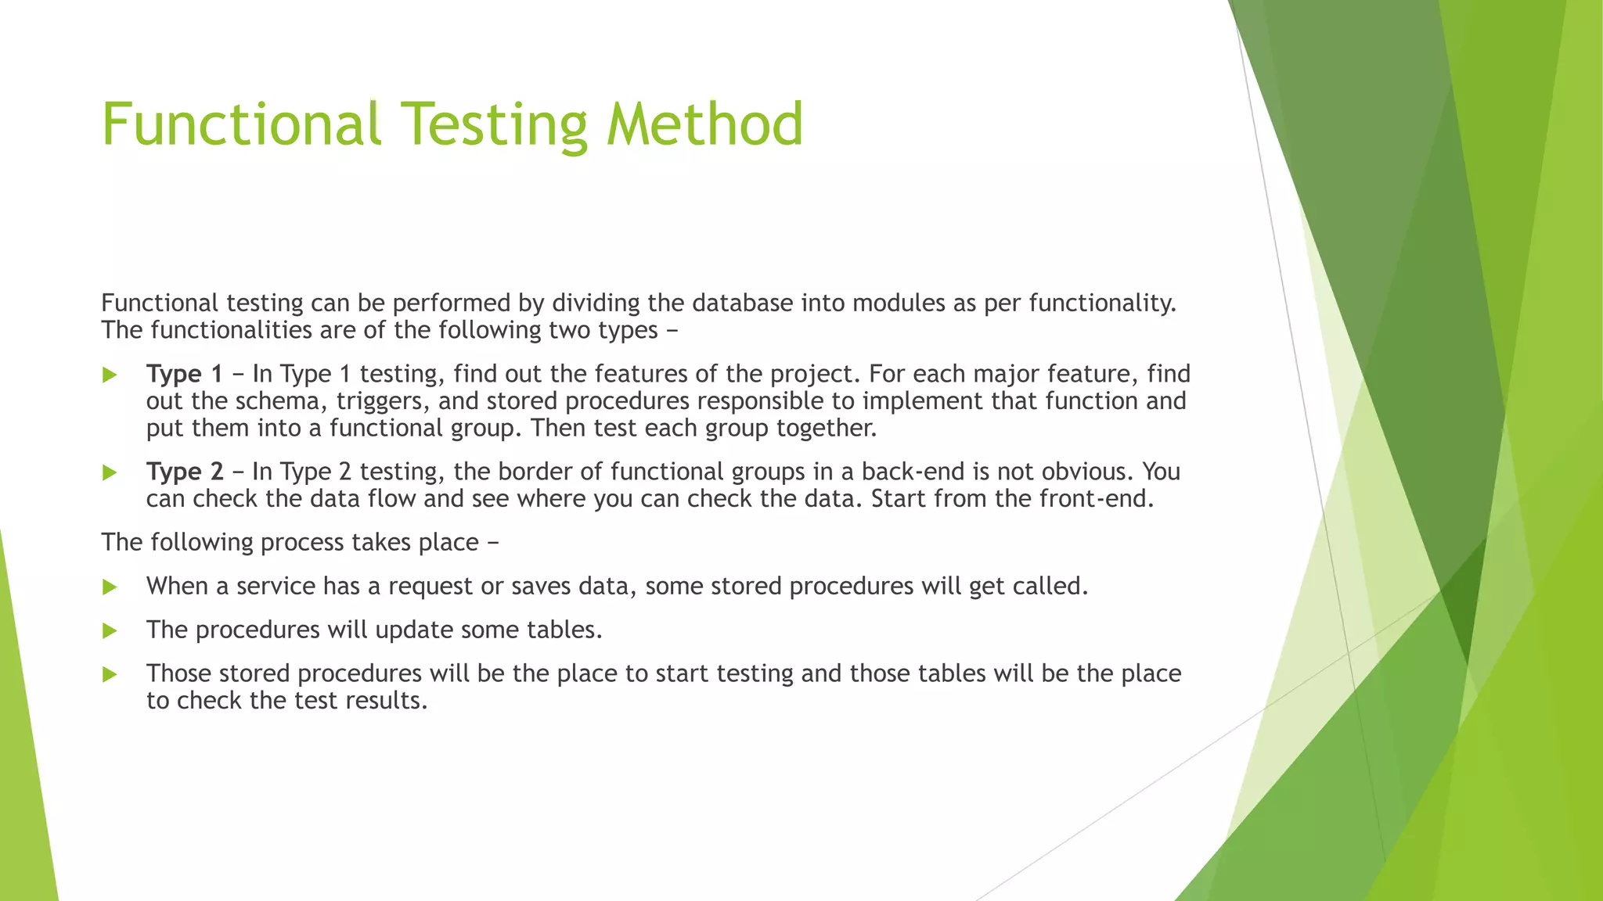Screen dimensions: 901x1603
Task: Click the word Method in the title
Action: coord(704,125)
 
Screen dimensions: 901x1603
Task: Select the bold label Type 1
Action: coord(184,375)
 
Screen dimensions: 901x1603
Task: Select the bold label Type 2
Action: coord(184,472)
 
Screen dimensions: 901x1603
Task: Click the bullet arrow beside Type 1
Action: coord(110,375)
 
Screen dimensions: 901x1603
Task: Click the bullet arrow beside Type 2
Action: coord(110,473)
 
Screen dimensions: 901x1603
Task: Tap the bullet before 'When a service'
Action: coord(110,587)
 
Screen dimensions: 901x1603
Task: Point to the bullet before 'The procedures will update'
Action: coord(110,631)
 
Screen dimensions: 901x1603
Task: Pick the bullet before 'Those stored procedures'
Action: coord(110,675)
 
